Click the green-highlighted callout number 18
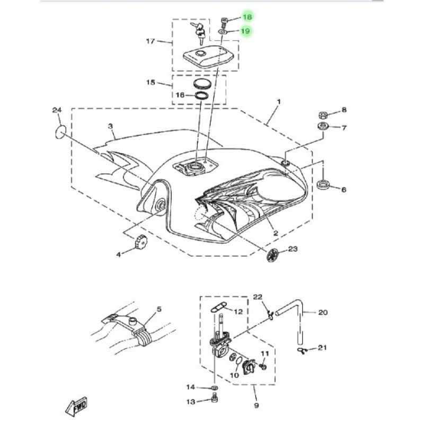tap(248, 17)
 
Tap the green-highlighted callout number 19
tap(245, 31)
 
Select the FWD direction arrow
tap(76, 407)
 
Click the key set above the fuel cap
tap(199, 33)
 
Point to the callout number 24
tap(57, 110)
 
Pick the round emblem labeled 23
tap(272, 255)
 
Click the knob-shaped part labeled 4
tap(141, 241)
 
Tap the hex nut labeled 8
tap(323, 115)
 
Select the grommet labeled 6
tap(323, 184)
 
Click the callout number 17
tap(151, 41)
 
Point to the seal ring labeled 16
tap(202, 96)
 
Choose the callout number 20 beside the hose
tap(323, 313)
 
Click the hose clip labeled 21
tap(302, 350)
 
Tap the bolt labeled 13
tap(215, 399)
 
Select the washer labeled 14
tap(215, 388)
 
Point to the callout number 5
tap(159, 309)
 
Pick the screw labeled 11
tap(263, 366)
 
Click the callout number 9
tap(257, 405)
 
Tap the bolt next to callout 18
tap(224, 22)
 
